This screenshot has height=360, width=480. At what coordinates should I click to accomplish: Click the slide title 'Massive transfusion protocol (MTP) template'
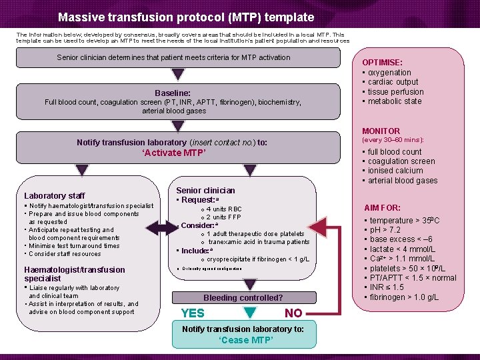pos(185,17)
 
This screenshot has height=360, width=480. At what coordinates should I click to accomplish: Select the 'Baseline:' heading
pos(173,93)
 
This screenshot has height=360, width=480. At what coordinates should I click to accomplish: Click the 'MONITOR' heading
pos(381,131)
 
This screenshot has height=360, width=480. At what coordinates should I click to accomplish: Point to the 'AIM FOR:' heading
pos(382,208)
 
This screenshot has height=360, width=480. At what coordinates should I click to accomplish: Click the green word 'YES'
pos(193,313)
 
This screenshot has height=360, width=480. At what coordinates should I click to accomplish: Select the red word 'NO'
pos(293,313)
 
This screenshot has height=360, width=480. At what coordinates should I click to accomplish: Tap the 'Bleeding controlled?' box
pos(243,297)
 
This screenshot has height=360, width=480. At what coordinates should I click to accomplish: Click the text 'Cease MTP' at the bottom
pos(243,340)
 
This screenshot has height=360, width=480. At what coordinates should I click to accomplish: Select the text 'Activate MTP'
pos(174,153)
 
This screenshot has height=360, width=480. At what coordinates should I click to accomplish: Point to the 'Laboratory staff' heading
pos(54,196)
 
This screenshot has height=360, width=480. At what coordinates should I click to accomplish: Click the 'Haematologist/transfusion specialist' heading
pos(74,274)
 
